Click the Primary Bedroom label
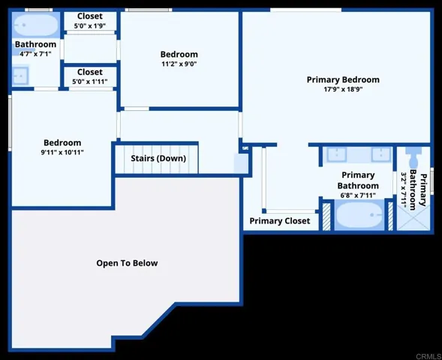pyautogui.click(x=343, y=79)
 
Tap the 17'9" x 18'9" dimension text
pyautogui.click(x=343, y=89)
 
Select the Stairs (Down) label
pyautogui.click(x=158, y=158)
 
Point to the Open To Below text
pyautogui.click(x=127, y=263)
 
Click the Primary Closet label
pyautogui.click(x=280, y=220)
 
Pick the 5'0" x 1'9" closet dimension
pyautogui.click(x=90, y=26)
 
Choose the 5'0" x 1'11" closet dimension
pyautogui.click(x=90, y=82)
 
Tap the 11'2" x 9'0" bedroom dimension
pyautogui.click(x=179, y=64)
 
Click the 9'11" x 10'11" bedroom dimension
pyautogui.click(x=62, y=152)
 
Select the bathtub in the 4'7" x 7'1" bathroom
pyautogui.click(x=36, y=25)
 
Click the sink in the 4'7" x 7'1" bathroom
pyautogui.click(x=20, y=76)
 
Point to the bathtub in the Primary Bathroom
pyautogui.click(x=359, y=214)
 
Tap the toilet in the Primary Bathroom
pyautogui.click(x=413, y=157)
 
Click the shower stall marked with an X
pyautogui.click(x=413, y=217)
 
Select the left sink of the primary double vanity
pyautogui.click(x=337, y=154)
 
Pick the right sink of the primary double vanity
pyautogui.click(x=381, y=154)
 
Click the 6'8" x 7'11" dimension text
pyautogui.click(x=358, y=195)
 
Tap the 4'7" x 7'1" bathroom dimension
pyautogui.click(x=35, y=54)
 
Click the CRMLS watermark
pyautogui.click(x=428, y=356)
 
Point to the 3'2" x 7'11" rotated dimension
pyautogui.click(x=404, y=190)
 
